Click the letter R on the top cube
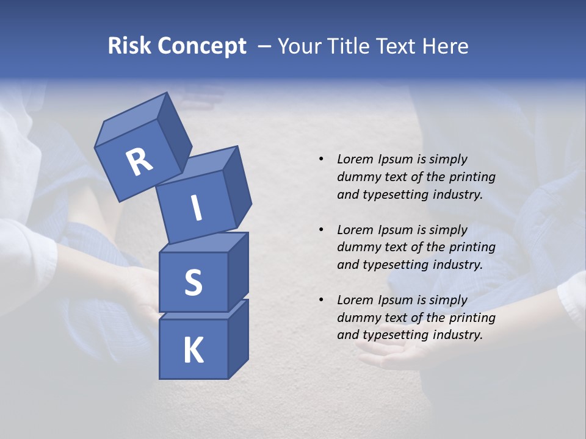pyautogui.click(x=139, y=163)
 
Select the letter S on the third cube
pyautogui.click(x=194, y=282)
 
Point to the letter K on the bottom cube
pyautogui.click(x=194, y=351)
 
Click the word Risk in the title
pyautogui.click(x=129, y=46)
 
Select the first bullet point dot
pyautogui.click(x=321, y=160)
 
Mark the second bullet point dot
pyautogui.click(x=321, y=230)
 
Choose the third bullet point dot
pyautogui.click(x=321, y=300)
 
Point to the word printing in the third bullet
pyautogui.click(x=472, y=318)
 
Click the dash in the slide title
pyautogui.click(x=265, y=46)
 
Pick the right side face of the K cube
pyautogui.click(x=238, y=338)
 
